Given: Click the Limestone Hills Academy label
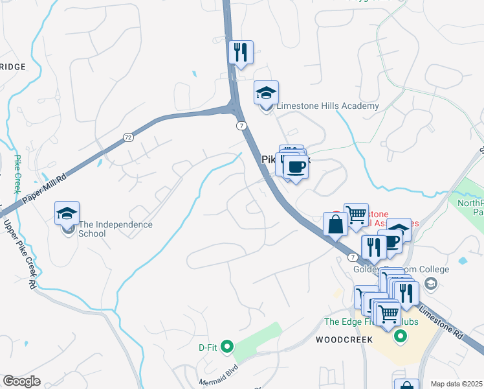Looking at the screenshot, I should [327, 106].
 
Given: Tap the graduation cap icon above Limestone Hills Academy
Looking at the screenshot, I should [266, 93].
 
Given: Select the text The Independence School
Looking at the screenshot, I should [115, 229].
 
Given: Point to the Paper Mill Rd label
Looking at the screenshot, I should [45, 189].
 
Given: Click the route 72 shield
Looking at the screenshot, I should [127, 137].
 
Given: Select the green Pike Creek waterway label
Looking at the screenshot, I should [17, 174].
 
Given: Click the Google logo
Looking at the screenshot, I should [21, 381].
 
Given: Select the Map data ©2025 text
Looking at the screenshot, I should [457, 384].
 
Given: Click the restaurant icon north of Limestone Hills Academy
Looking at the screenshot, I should [241, 53].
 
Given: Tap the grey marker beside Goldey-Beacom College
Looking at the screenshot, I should [430, 283].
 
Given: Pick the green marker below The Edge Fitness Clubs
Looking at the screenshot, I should [400, 336].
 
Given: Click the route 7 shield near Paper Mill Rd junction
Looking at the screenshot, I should [241, 125].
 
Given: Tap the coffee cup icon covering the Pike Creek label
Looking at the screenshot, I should [296, 167].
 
